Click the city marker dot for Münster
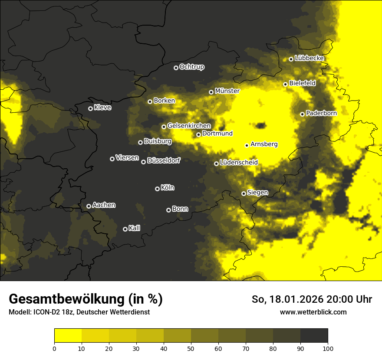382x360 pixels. click(211, 92)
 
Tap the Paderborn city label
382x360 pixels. click(321, 114)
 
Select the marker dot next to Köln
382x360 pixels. click(157, 189)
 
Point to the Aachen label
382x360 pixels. click(104, 205)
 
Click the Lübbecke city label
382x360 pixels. click(309, 58)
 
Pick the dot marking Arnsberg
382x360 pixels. click(247, 145)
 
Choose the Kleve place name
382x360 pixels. click(102, 108)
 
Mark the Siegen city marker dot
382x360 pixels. click(244, 193)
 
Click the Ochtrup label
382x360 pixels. click(191, 67)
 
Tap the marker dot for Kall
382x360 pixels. click(125, 229)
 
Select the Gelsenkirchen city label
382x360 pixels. click(189, 126)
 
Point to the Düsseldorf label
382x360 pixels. click(163, 160)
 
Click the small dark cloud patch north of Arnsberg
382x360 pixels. click(260, 126)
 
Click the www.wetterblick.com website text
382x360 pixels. click(313, 312)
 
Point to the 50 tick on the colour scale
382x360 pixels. click(191, 348)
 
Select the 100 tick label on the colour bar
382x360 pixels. click(328, 348)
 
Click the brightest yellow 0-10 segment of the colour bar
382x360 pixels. click(68, 335)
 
